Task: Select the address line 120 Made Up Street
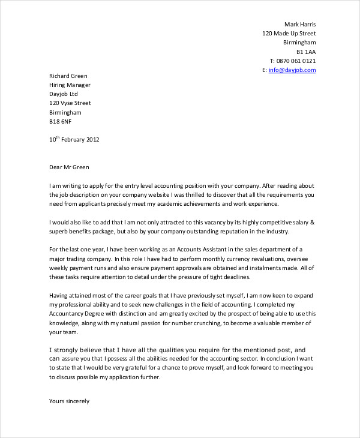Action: click(x=289, y=34)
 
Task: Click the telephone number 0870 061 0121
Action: click(x=296, y=61)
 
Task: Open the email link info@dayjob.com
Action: click(x=292, y=70)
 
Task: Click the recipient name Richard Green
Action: click(x=68, y=76)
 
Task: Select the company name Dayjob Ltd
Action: click(x=63, y=94)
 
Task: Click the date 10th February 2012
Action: click(x=74, y=140)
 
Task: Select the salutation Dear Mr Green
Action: click(x=69, y=167)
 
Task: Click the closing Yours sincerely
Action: click(x=69, y=401)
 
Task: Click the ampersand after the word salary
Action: click(x=311, y=223)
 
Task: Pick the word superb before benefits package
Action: click(x=59, y=232)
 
